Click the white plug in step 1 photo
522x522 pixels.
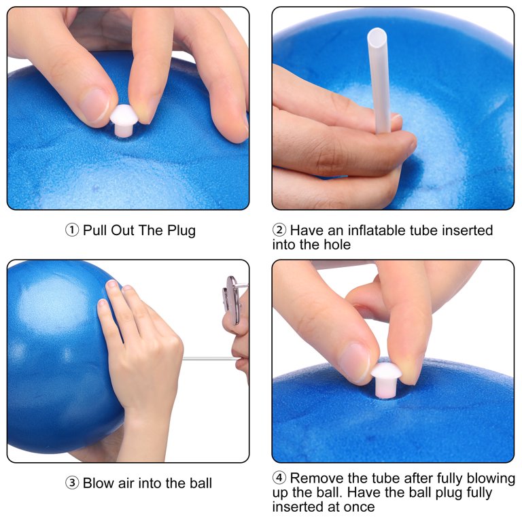tap(124, 120)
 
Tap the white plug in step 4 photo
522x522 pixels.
tap(386, 379)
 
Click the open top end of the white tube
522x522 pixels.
tap(377, 35)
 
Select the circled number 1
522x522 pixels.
tap(72, 230)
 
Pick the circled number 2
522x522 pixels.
tap(279, 230)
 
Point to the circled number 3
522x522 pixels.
tap(72, 483)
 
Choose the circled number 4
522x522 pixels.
tap(279, 478)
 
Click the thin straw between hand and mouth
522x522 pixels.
tap(211, 359)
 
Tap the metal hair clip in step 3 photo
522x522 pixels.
tap(233, 299)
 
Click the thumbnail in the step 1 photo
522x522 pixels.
tap(94, 105)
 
